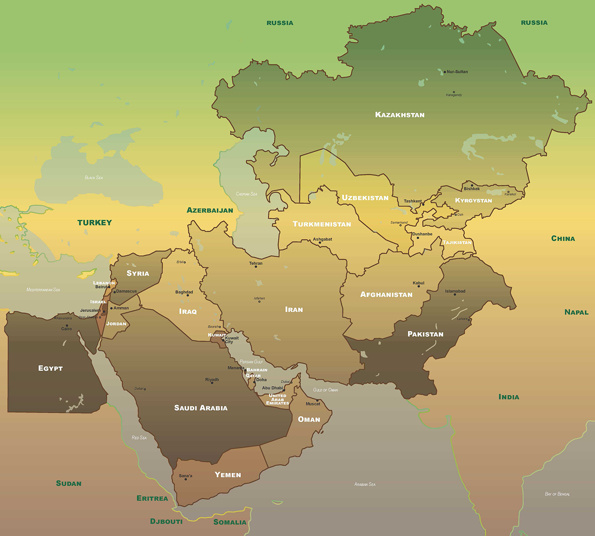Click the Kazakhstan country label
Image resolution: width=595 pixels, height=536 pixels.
(400, 115)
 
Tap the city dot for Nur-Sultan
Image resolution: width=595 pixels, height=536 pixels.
(445, 72)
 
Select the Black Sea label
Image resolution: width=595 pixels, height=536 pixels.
(94, 178)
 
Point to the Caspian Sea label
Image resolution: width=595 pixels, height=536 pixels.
(246, 194)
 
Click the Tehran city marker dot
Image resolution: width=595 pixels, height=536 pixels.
(256, 267)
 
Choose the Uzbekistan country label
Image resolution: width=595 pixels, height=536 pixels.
(365, 198)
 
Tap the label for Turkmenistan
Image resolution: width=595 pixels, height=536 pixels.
(322, 224)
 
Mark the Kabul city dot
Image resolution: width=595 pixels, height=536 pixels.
(419, 286)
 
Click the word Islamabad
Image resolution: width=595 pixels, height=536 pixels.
(455, 291)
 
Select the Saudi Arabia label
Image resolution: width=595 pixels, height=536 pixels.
(201, 408)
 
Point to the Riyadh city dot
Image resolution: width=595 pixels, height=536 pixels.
(212, 383)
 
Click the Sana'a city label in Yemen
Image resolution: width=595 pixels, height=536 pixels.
(186, 476)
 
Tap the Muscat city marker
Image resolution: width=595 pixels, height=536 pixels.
(317, 400)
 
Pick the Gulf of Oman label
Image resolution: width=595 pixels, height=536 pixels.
(326, 390)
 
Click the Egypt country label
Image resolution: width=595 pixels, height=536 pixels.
(50, 368)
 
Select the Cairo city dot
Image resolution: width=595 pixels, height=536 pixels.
(67, 325)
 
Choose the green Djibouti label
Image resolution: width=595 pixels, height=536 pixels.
(166, 522)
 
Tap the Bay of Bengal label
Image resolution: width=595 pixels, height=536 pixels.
(557, 494)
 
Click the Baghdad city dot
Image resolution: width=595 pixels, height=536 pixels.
(188, 295)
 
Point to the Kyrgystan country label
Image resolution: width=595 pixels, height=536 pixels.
(474, 201)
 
